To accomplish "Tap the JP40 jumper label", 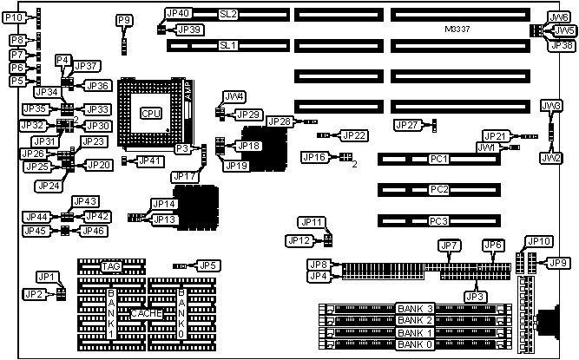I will (177, 14).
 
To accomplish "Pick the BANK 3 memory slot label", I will (413, 308).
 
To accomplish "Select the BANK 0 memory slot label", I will (413, 345).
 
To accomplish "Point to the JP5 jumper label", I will (207, 265).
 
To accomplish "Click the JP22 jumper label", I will (355, 134).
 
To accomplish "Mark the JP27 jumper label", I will (407, 125).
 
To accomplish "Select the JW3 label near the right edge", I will (550, 106).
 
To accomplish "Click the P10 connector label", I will (17, 16).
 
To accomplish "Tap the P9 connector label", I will (124, 20).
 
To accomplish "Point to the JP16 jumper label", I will (314, 157).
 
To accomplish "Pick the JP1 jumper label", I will (46, 277).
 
